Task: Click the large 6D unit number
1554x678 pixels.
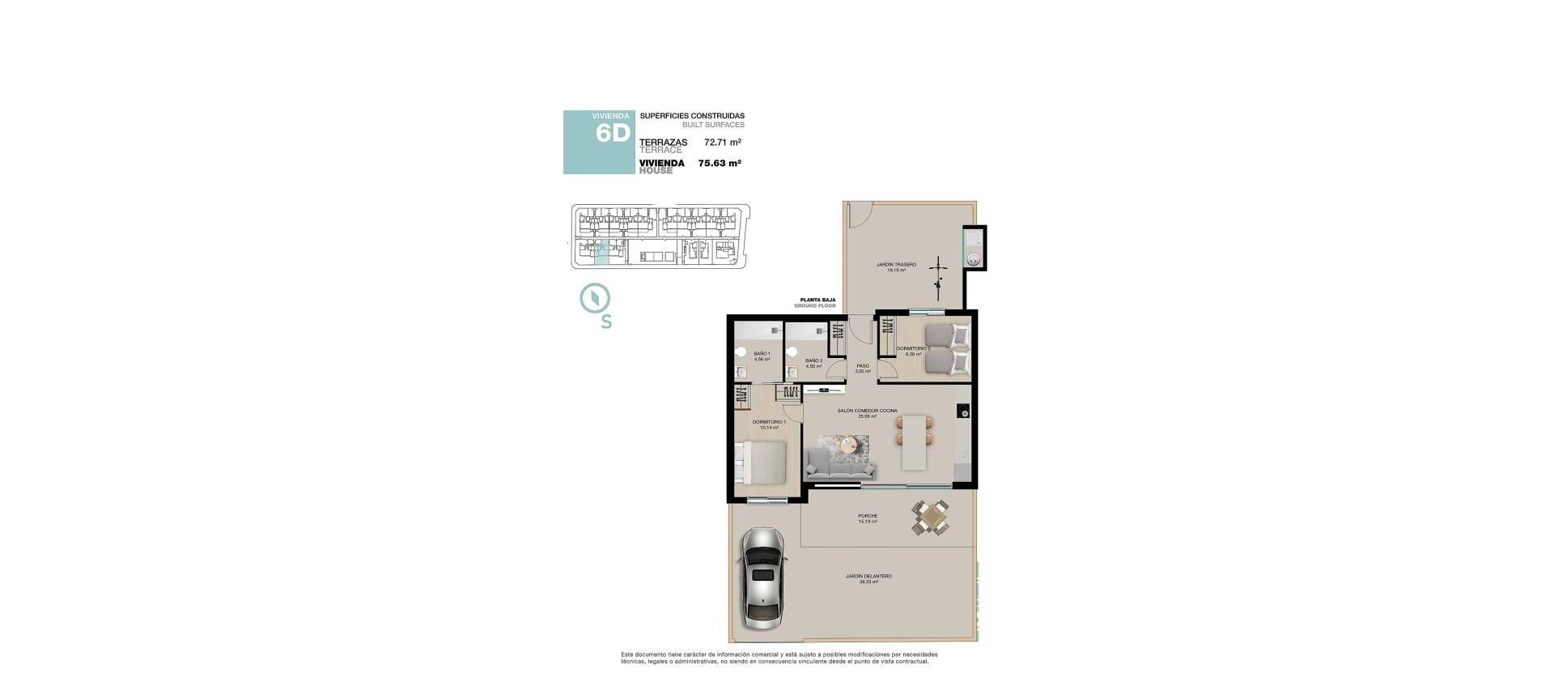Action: point(612,134)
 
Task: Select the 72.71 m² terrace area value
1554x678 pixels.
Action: point(723,143)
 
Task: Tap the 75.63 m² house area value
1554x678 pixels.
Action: point(720,163)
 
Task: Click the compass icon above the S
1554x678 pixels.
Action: point(595,298)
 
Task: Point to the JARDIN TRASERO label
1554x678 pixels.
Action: point(895,265)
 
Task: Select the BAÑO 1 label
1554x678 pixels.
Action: point(762,354)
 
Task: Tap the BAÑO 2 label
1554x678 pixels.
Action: point(814,361)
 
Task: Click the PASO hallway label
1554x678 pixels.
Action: point(863,366)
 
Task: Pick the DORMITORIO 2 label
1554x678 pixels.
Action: point(913,349)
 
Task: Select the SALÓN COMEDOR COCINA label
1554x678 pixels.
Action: point(867,411)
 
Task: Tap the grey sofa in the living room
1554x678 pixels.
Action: point(841,466)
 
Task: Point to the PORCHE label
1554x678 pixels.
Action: point(868,516)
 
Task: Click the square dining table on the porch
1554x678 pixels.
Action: point(932,517)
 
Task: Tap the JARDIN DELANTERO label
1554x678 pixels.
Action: point(868,577)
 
